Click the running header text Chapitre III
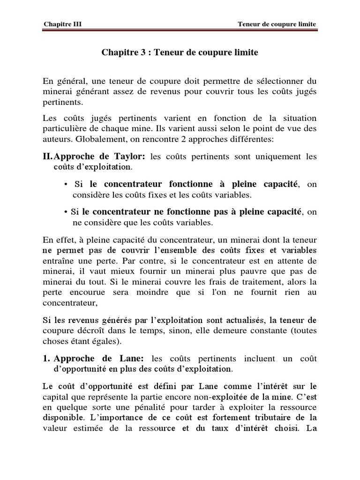point(62,24)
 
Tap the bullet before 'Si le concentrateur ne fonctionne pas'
point(67,212)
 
